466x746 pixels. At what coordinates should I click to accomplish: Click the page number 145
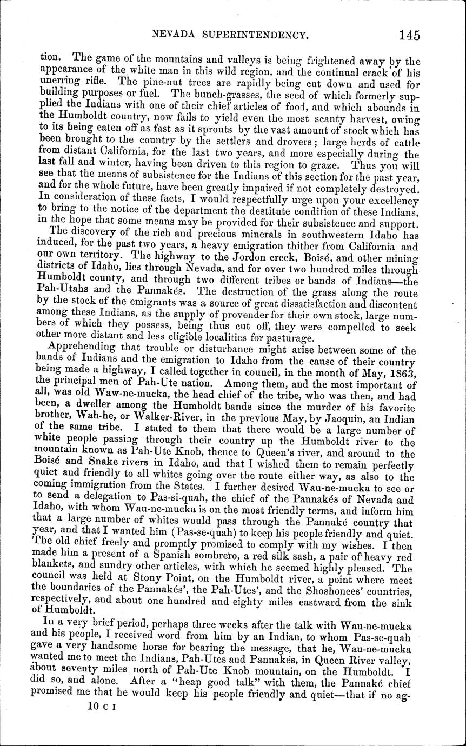pos(410,36)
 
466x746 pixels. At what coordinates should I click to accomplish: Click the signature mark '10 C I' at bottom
pos(105,705)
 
